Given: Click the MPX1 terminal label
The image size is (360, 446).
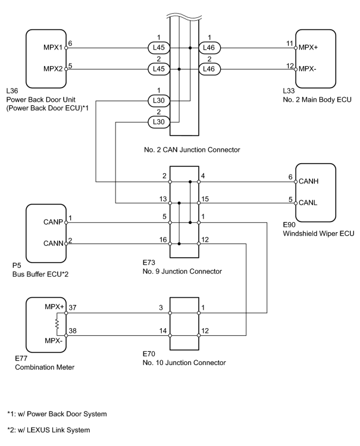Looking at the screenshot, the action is pyautogui.click(x=52, y=47).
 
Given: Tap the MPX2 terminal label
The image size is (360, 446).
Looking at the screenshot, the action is pyautogui.click(x=52, y=69).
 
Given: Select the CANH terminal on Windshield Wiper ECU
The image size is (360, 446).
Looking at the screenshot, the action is pyautogui.click(x=309, y=181).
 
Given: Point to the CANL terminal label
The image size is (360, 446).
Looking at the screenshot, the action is pyautogui.click(x=308, y=203).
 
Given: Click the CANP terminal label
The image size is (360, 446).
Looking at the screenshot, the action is pyautogui.click(x=53, y=222).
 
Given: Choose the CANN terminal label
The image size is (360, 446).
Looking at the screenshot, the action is pyautogui.click(x=54, y=244).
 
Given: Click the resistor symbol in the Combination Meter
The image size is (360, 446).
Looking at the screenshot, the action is pyautogui.click(x=57, y=324).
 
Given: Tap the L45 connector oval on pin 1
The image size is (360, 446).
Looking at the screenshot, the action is pyautogui.click(x=158, y=48).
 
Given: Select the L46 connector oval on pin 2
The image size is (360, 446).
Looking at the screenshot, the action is pyautogui.click(x=209, y=69).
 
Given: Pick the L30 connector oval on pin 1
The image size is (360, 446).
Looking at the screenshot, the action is pyautogui.click(x=158, y=101).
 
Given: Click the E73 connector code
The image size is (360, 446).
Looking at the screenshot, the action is pyautogui.click(x=149, y=262).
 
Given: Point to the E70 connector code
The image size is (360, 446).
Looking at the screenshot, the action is pyautogui.click(x=149, y=354).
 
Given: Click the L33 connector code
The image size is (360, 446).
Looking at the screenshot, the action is pyautogui.click(x=289, y=91).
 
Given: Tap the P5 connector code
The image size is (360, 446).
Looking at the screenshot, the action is pyautogui.click(x=17, y=266).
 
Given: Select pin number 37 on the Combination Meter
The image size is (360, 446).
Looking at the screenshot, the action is pyautogui.click(x=73, y=307).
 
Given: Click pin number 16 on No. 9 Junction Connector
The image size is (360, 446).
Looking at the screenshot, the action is pyautogui.click(x=163, y=240).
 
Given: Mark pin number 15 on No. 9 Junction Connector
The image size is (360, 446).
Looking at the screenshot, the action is pyautogui.click(x=205, y=199).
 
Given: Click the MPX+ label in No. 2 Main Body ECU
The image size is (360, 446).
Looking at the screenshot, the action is pyautogui.click(x=308, y=48).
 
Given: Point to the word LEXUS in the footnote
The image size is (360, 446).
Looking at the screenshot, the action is pyautogui.click(x=39, y=430).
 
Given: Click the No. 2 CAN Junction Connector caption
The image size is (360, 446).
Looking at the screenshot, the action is pyautogui.click(x=192, y=149).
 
